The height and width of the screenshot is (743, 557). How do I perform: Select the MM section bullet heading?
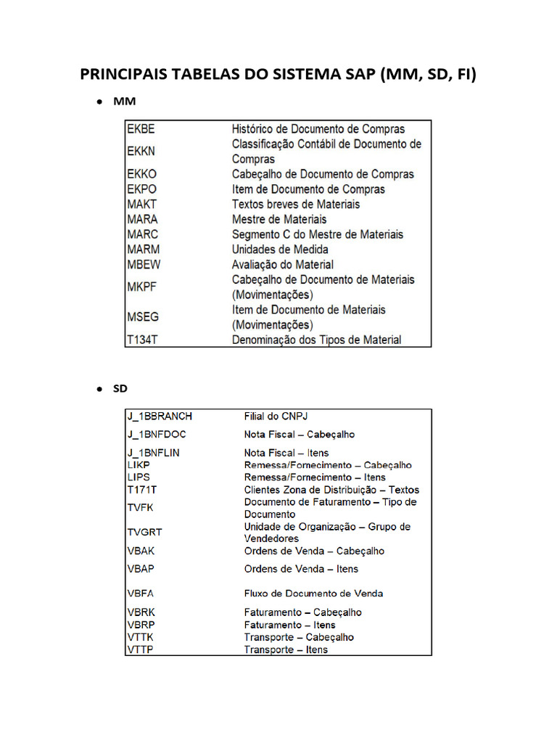[124, 102]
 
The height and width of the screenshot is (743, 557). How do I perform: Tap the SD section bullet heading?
[120, 388]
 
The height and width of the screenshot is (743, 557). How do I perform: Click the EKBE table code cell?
[141, 129]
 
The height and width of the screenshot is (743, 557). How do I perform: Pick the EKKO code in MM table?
[141, 174]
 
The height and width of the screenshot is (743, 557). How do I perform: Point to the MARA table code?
[142, 219]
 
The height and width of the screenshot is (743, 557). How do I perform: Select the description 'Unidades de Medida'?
[280, 250]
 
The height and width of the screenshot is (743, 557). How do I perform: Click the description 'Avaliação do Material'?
[283, 265]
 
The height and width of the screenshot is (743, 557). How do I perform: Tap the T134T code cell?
[143, 340]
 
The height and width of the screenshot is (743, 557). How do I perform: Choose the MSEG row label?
[143, 317]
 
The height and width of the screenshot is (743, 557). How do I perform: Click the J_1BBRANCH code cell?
[160, 416]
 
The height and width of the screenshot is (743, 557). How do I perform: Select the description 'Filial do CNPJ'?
[277, 416]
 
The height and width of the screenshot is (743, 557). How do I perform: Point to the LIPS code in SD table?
[138, 477]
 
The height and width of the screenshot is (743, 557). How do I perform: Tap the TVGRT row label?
[144, 532]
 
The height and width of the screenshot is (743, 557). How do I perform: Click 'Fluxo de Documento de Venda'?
[313, 594]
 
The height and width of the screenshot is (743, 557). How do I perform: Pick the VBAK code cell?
[141, 551]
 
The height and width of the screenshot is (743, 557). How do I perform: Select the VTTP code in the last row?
[140, 649]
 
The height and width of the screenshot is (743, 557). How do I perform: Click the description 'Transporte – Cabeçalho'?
[299, 637]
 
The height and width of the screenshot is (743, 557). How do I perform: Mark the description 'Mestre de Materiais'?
[279, 219]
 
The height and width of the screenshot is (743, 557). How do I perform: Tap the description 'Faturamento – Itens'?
[289, 625]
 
